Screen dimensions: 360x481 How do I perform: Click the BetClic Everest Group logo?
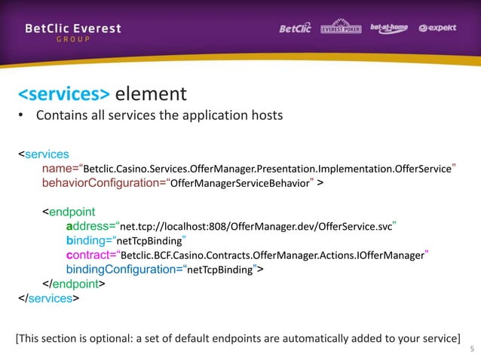[x=72, y=33]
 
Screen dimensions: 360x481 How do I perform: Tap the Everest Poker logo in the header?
[x=342, y=29]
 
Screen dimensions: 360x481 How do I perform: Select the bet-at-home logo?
[x=389, y=29]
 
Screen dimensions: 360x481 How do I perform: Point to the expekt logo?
[x=440, y=29]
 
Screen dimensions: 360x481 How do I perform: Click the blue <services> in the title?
[x=64, y=95]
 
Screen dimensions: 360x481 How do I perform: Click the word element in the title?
[x=151, y=95]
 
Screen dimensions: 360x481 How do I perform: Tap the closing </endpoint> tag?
[x=73, y=284]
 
